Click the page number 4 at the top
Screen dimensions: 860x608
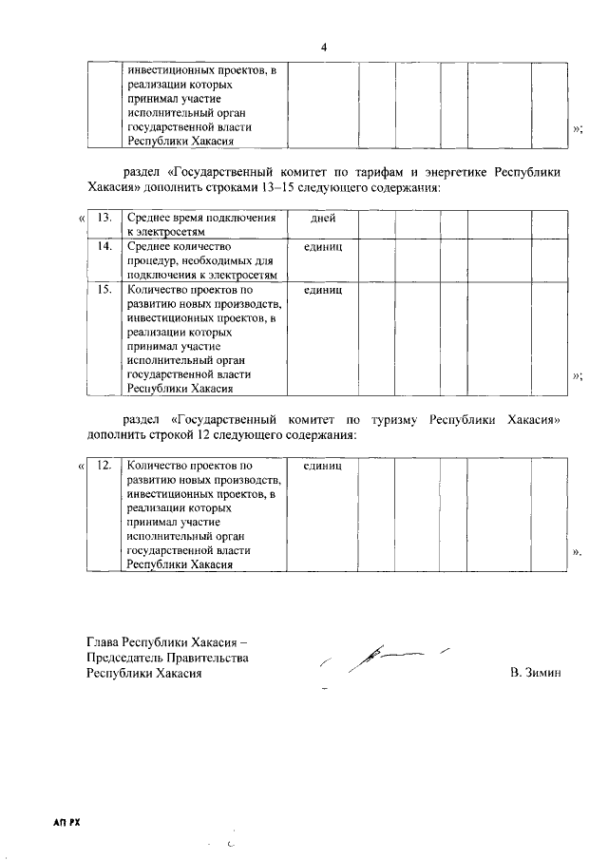tap(323, 47)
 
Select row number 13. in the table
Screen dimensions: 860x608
tap(105, 219)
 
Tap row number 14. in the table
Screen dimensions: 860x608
tap(105, 246)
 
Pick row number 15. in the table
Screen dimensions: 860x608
tap(105, 288)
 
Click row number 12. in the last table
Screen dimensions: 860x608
tap(105, 466)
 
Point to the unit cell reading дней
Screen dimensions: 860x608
tap(322, 219)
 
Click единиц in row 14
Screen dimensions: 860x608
tap(322, 246)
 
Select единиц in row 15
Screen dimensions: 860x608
tap(322, 288)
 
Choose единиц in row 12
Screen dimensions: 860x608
tap(322, 466)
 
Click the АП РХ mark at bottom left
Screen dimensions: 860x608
tap(66, 822)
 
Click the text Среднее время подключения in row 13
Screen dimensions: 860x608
tap(195, 219)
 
